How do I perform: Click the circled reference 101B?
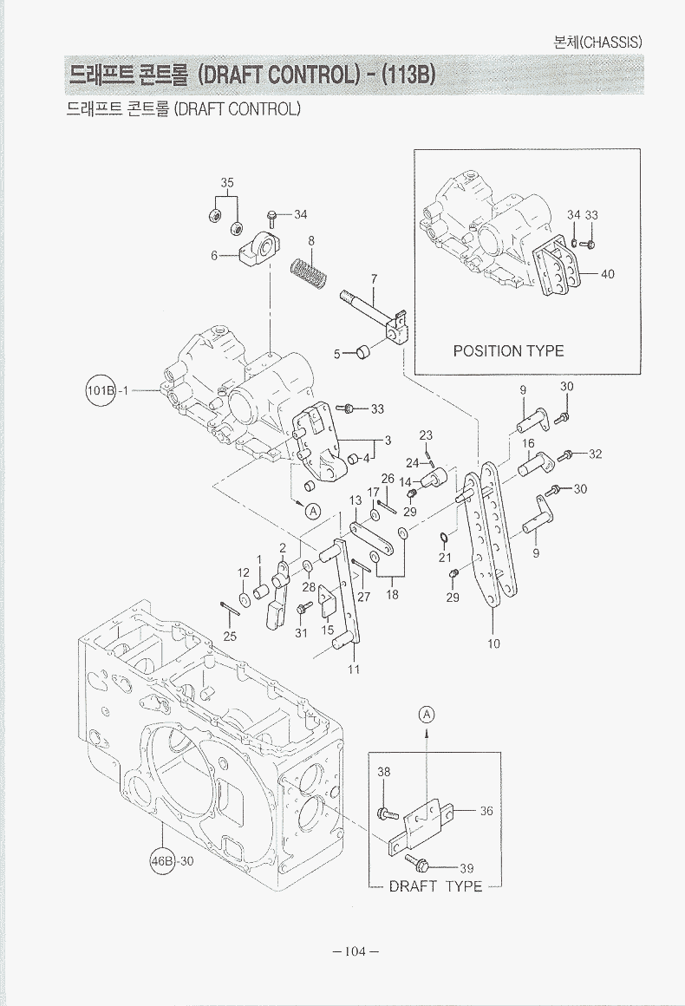coord(100,389)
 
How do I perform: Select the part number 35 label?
coord(226,183)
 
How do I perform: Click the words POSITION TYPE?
coord(508,351)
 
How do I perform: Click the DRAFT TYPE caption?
coord(435,886)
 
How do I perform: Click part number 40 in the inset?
coord(607,274)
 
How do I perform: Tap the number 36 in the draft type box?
coord(486,811)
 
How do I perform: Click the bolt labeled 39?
coord(417,862)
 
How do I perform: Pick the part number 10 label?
coord(493,643)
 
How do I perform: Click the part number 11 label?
coord(354,670)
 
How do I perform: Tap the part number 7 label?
coord(374,278)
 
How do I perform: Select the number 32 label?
coord(595,454)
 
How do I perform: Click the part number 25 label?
coord(229,636)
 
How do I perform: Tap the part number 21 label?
coord(445,557)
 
